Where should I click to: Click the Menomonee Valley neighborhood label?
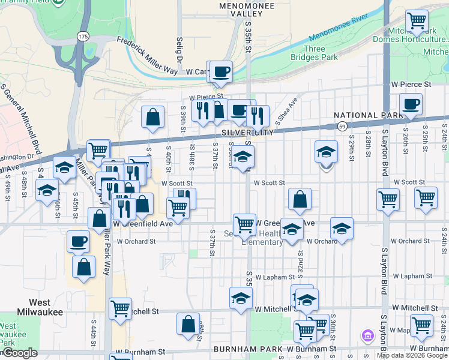(247, 9)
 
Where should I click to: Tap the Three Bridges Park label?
(315, 53)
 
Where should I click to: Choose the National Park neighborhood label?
(368, 115)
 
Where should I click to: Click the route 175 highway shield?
(82, 37)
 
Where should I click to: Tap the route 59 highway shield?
(342, 126)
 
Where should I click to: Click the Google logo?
(19, 353)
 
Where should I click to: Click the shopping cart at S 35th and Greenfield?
(244, 224)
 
